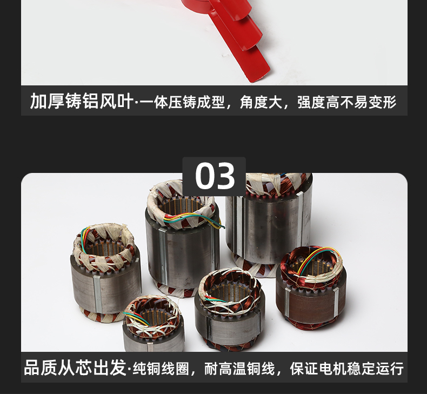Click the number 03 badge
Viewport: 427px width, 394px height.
pyautogui.click(x=214, y=176)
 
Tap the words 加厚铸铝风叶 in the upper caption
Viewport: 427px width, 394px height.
pyautogui.click(x=82, y=101)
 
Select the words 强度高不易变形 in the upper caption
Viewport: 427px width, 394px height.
pyautogui.click(x=347, y=102)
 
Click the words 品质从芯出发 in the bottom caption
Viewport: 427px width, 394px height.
pyautogui.click(x=76, y=368)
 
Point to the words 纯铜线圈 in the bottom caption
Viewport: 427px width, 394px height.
pyautogui.click(x=161, y=369)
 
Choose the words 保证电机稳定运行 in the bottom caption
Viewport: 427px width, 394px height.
pyautogui.click(x=347, y=369)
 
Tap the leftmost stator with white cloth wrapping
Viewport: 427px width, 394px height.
pyautogui.click(x=106, y=272)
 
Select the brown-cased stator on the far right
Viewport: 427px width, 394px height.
pyautogui.click(x=311, y=288)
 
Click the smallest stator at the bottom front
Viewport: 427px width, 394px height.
pyautogui.click(x=154, y=324)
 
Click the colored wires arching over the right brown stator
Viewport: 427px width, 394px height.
pyautogui.click(x=318, y=257)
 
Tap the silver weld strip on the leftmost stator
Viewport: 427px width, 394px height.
pyautogui.click(x=97, y=294)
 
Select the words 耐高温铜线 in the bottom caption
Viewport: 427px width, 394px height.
pyautogui.click(x=239, y=369)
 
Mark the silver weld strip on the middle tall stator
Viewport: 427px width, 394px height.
pyautogui.click(x=163, y=256)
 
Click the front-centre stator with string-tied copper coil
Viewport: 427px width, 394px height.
pyautogui.click(x=230, y=309)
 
